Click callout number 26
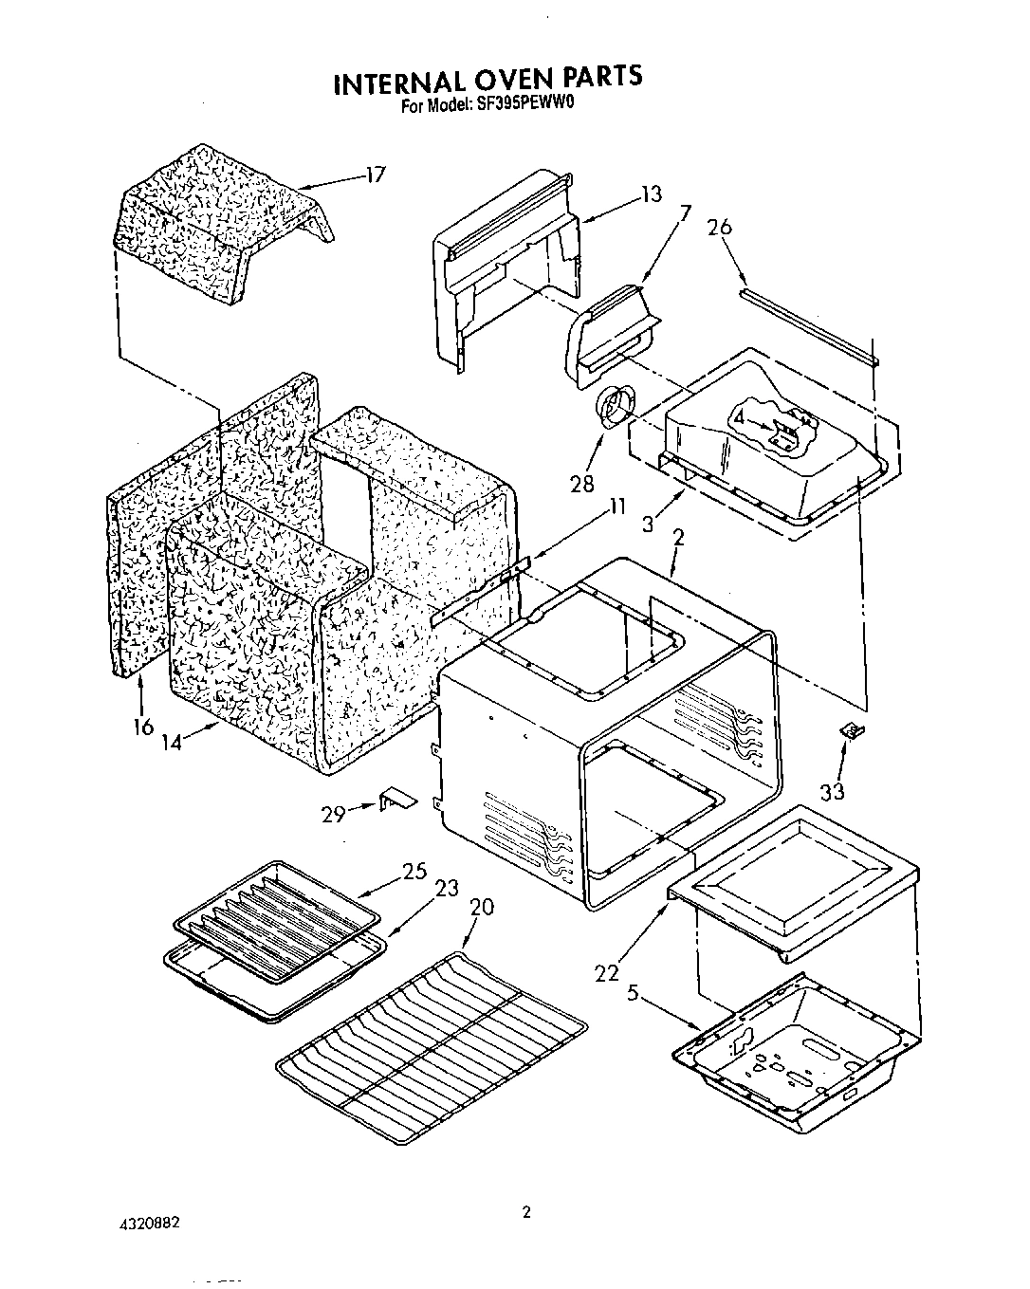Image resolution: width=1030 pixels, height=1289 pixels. (720, 228)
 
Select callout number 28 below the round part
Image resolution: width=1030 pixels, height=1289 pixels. (581, 483)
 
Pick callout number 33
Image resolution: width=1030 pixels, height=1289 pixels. (832, 789)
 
